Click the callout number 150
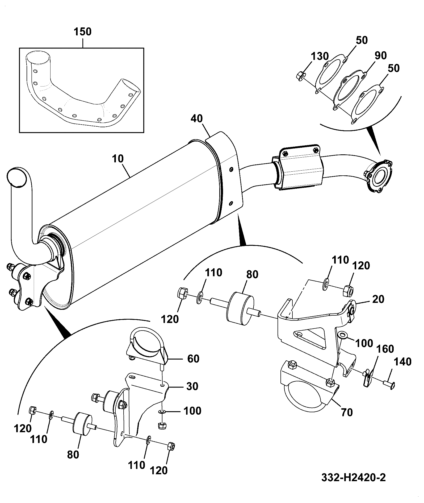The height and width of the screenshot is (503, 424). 82,32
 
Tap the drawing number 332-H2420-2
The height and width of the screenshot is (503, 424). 353,477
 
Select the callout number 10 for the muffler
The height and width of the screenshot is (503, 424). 117,159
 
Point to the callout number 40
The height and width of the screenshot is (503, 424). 197,119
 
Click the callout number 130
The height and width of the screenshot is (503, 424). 320,56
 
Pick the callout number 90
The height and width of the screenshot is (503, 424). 381,55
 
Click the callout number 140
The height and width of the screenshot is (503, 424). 402,362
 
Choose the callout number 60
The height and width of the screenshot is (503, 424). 193,358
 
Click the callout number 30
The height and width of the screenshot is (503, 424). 192,386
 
